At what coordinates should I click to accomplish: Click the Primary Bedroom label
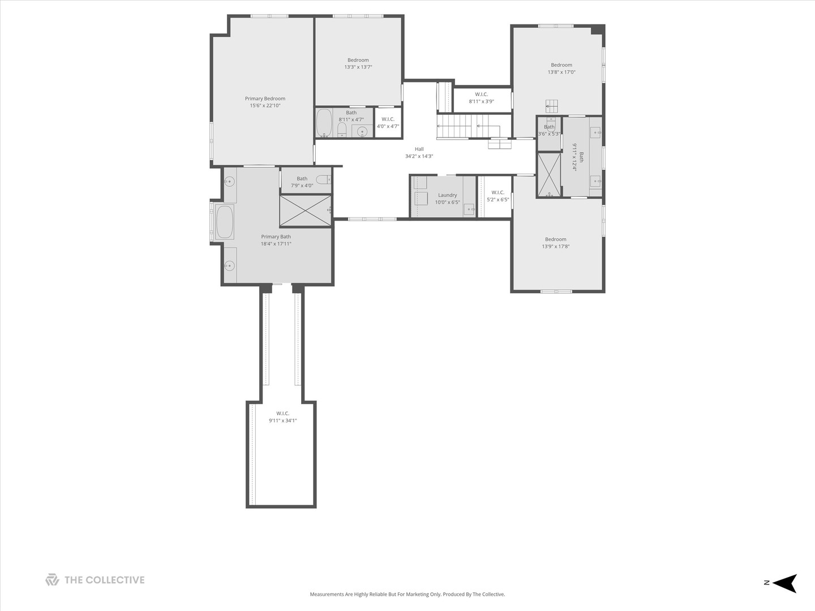(265, 98)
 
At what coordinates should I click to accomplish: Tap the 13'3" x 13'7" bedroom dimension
(358, 67)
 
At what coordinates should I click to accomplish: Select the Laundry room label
(448, 195)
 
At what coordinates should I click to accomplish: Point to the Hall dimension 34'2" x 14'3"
(419, 156)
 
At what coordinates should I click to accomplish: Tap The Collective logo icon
(52, 579)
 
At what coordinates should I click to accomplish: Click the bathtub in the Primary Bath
(225, 222)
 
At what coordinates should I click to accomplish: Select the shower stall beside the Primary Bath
(305, 210)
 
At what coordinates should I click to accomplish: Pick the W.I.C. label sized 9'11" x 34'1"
(283, 413)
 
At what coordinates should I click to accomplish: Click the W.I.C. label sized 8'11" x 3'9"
(481, 94)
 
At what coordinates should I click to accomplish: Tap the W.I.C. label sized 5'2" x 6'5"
(498, 192)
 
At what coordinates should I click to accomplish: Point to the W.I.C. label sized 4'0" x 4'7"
(388, 119)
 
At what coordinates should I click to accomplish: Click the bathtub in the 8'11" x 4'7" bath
(324, 123)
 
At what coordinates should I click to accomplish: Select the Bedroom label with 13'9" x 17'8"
(556, 239)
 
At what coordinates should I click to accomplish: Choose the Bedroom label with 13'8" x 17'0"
(561, 65)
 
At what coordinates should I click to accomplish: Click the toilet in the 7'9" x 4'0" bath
(323, 180)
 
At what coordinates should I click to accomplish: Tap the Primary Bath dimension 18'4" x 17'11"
(276, 244)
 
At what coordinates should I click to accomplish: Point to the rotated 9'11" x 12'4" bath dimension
(575, 157)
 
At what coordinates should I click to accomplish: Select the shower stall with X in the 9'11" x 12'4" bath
(549, 175)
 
